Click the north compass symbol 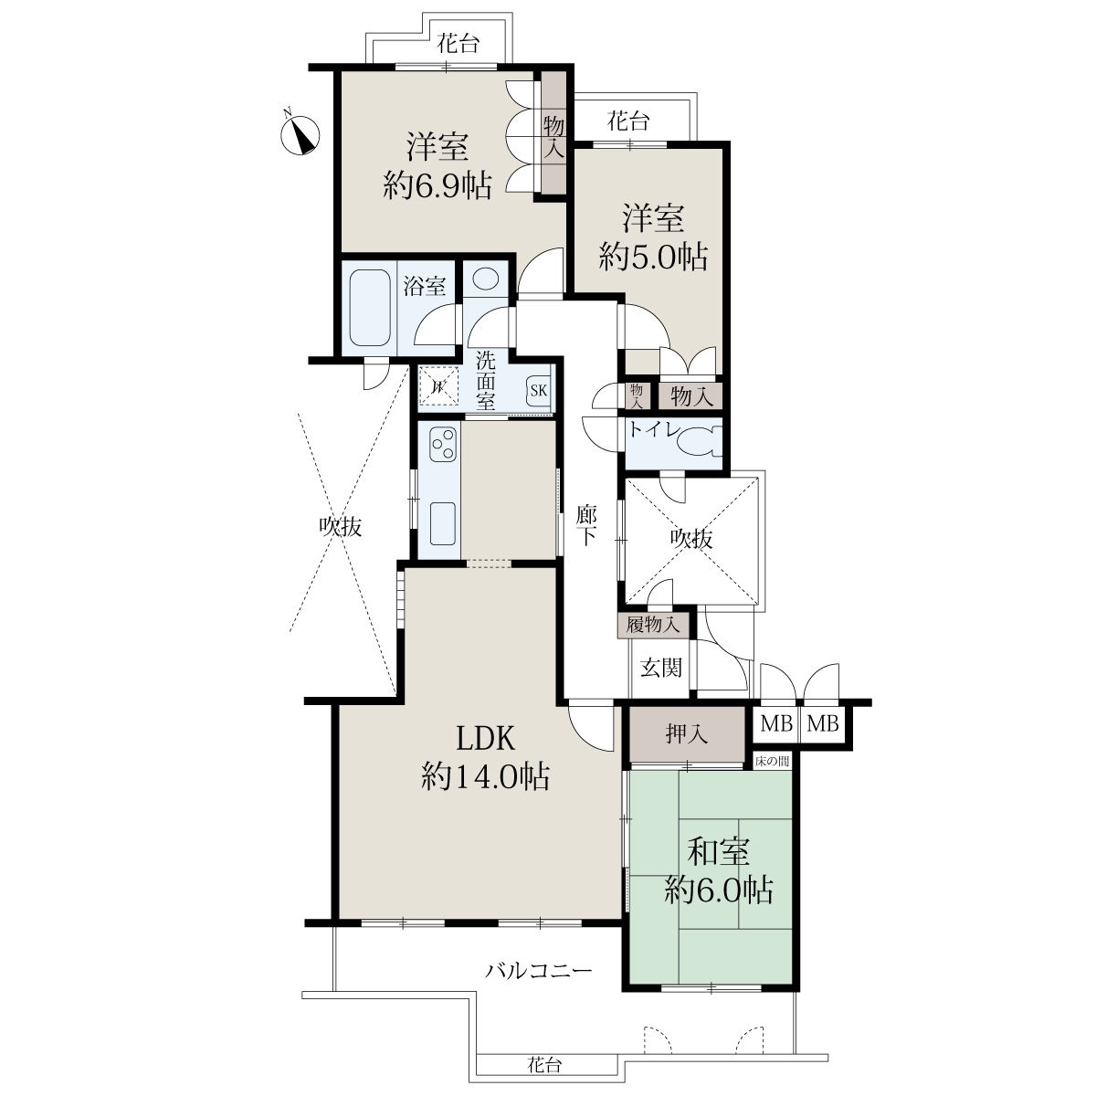tap(300, 134)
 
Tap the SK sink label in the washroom tap(538, 390)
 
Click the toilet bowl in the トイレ tap(699, 444)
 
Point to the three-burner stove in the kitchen tap(443, 444)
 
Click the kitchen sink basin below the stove tap(442, 524)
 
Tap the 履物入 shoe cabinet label tap(653, 625)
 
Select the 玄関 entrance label tap(661, 667)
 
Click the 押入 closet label tap(687, 734)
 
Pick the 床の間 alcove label tap(772, 761)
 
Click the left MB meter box tap(775, 723)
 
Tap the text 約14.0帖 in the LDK tap(485, 776)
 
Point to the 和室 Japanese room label tap(719, 851)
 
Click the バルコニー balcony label tap(539, 970)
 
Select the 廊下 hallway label tap(586, 526)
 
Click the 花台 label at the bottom tap(544, 1064)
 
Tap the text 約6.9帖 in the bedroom tap(437, 184)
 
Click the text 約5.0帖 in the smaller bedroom tap(653, 257)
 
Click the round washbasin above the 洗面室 tap(486, 279)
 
